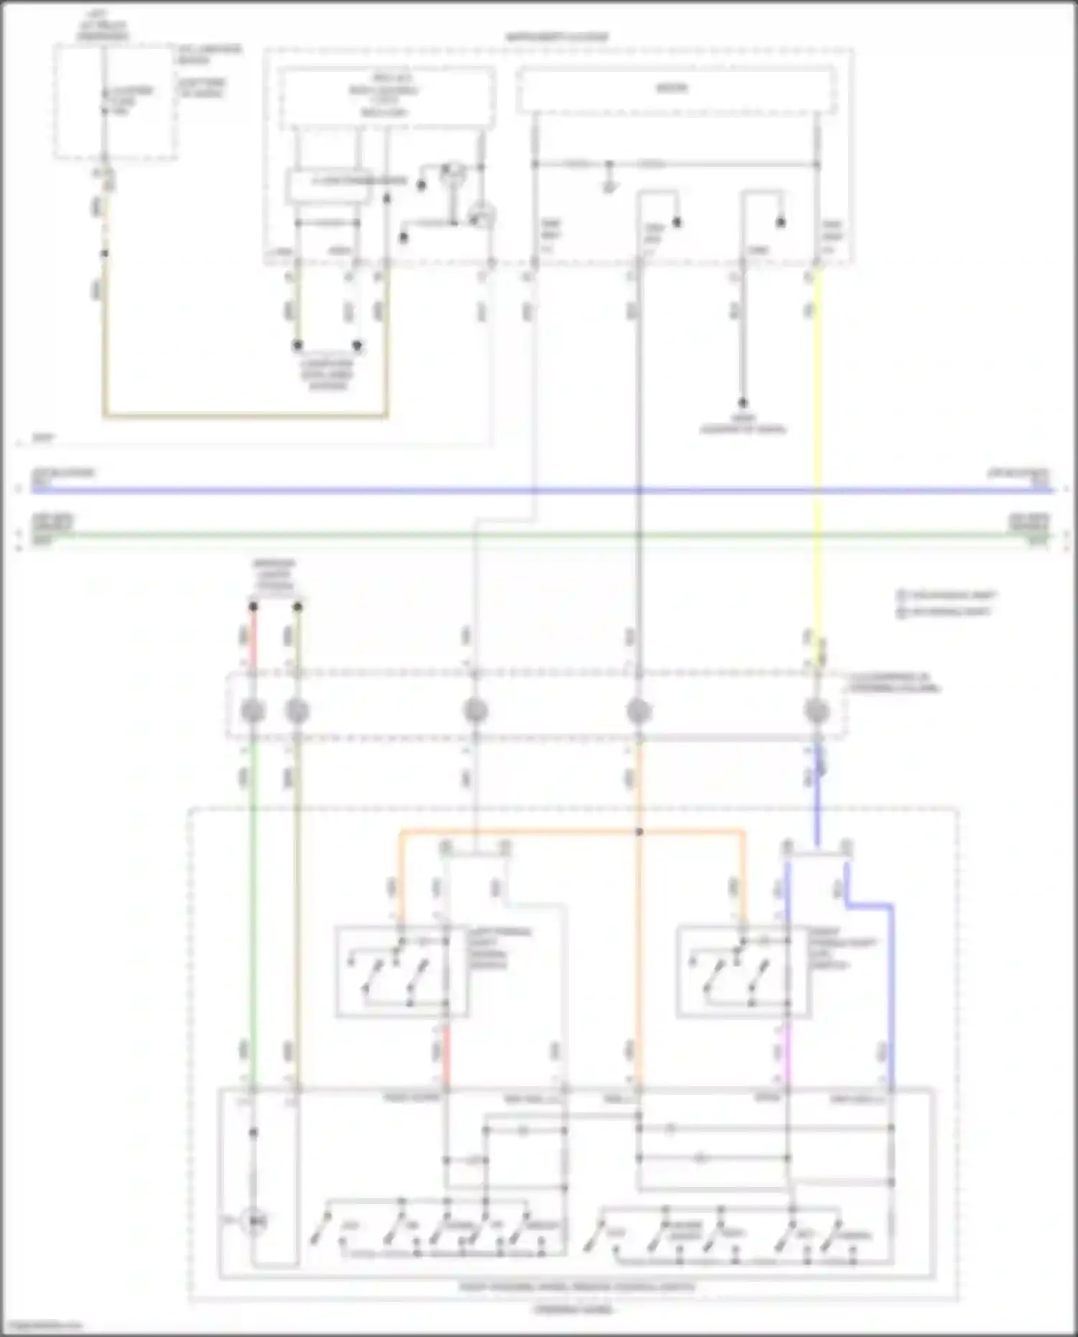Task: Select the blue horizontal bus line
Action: (x=539, y=491)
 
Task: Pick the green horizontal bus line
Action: (x=539, y=535)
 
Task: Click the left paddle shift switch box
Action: (x=401, y=972)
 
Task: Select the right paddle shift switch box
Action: (x=742, y=972)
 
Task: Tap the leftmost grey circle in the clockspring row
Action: (x=253, y=711)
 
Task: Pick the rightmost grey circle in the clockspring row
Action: (x=816, y=711)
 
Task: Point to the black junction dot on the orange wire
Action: (x=639, y=832)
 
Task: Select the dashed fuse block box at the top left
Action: (x=115, y=101)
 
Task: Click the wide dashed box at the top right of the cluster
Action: (x=676, y=90)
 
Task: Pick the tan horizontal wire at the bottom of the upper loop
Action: (x=244, y=415)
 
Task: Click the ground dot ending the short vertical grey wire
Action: (x=743, y=403)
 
